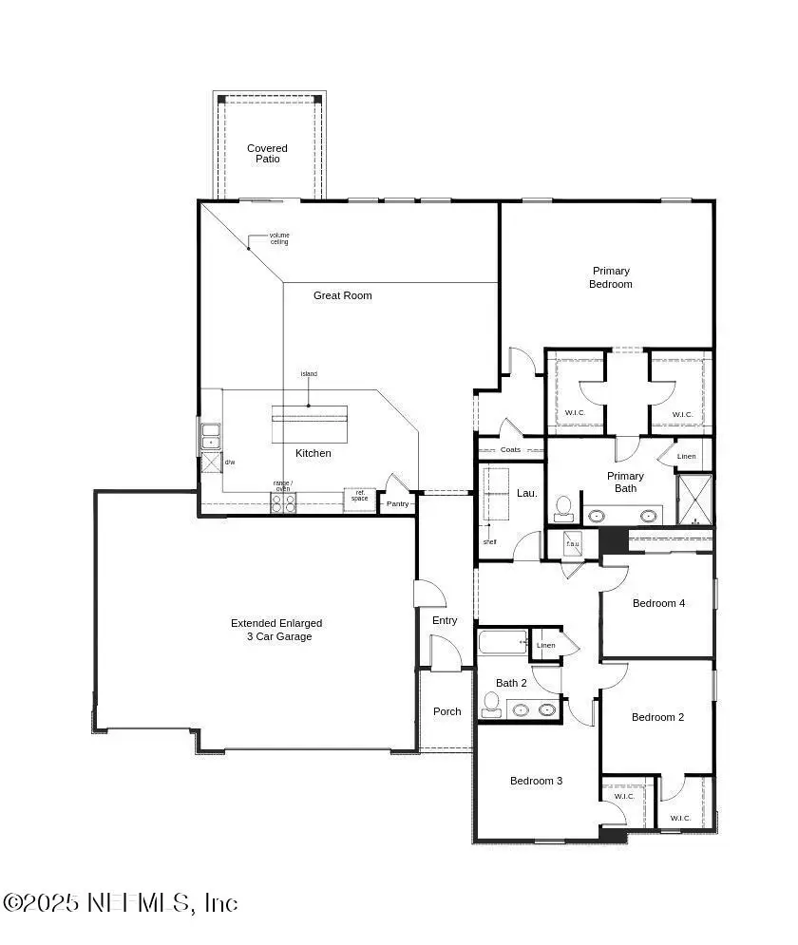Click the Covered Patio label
pyautogui.click(x=267, y=154)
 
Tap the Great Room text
pyautogui.click(x=343, y=295)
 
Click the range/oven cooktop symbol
pyautogui.click(x=283, y=503)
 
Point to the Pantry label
pyautogui.click(x=397, y=503)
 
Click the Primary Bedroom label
pyautogui.click(x=611, y=277)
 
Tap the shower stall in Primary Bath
pyautogui.click(x=694, y=499)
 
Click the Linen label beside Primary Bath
pyautogui.click(x=687, y=457)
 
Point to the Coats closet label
pyautogui.click(x=510, y=449)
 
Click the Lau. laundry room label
pyautogui.click(x=527, y=493)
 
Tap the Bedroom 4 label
pyautogui.click(x=659, y=603)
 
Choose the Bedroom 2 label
pyautogui.click(x=658, y=717)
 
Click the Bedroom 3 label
pyautogui.click(x=536, y=781)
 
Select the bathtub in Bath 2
pyautogui.click(x=502, y=643)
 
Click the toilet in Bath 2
pyautogui.click(x=491, y=704)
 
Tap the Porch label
pyautogui.click(x=447, y=711)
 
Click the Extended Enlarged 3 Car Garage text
pyautogui.click(x=276, y=630)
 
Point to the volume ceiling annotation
pyautogui.click(x=278, y=238)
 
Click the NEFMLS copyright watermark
pyautogui.click(x=120, y=902)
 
